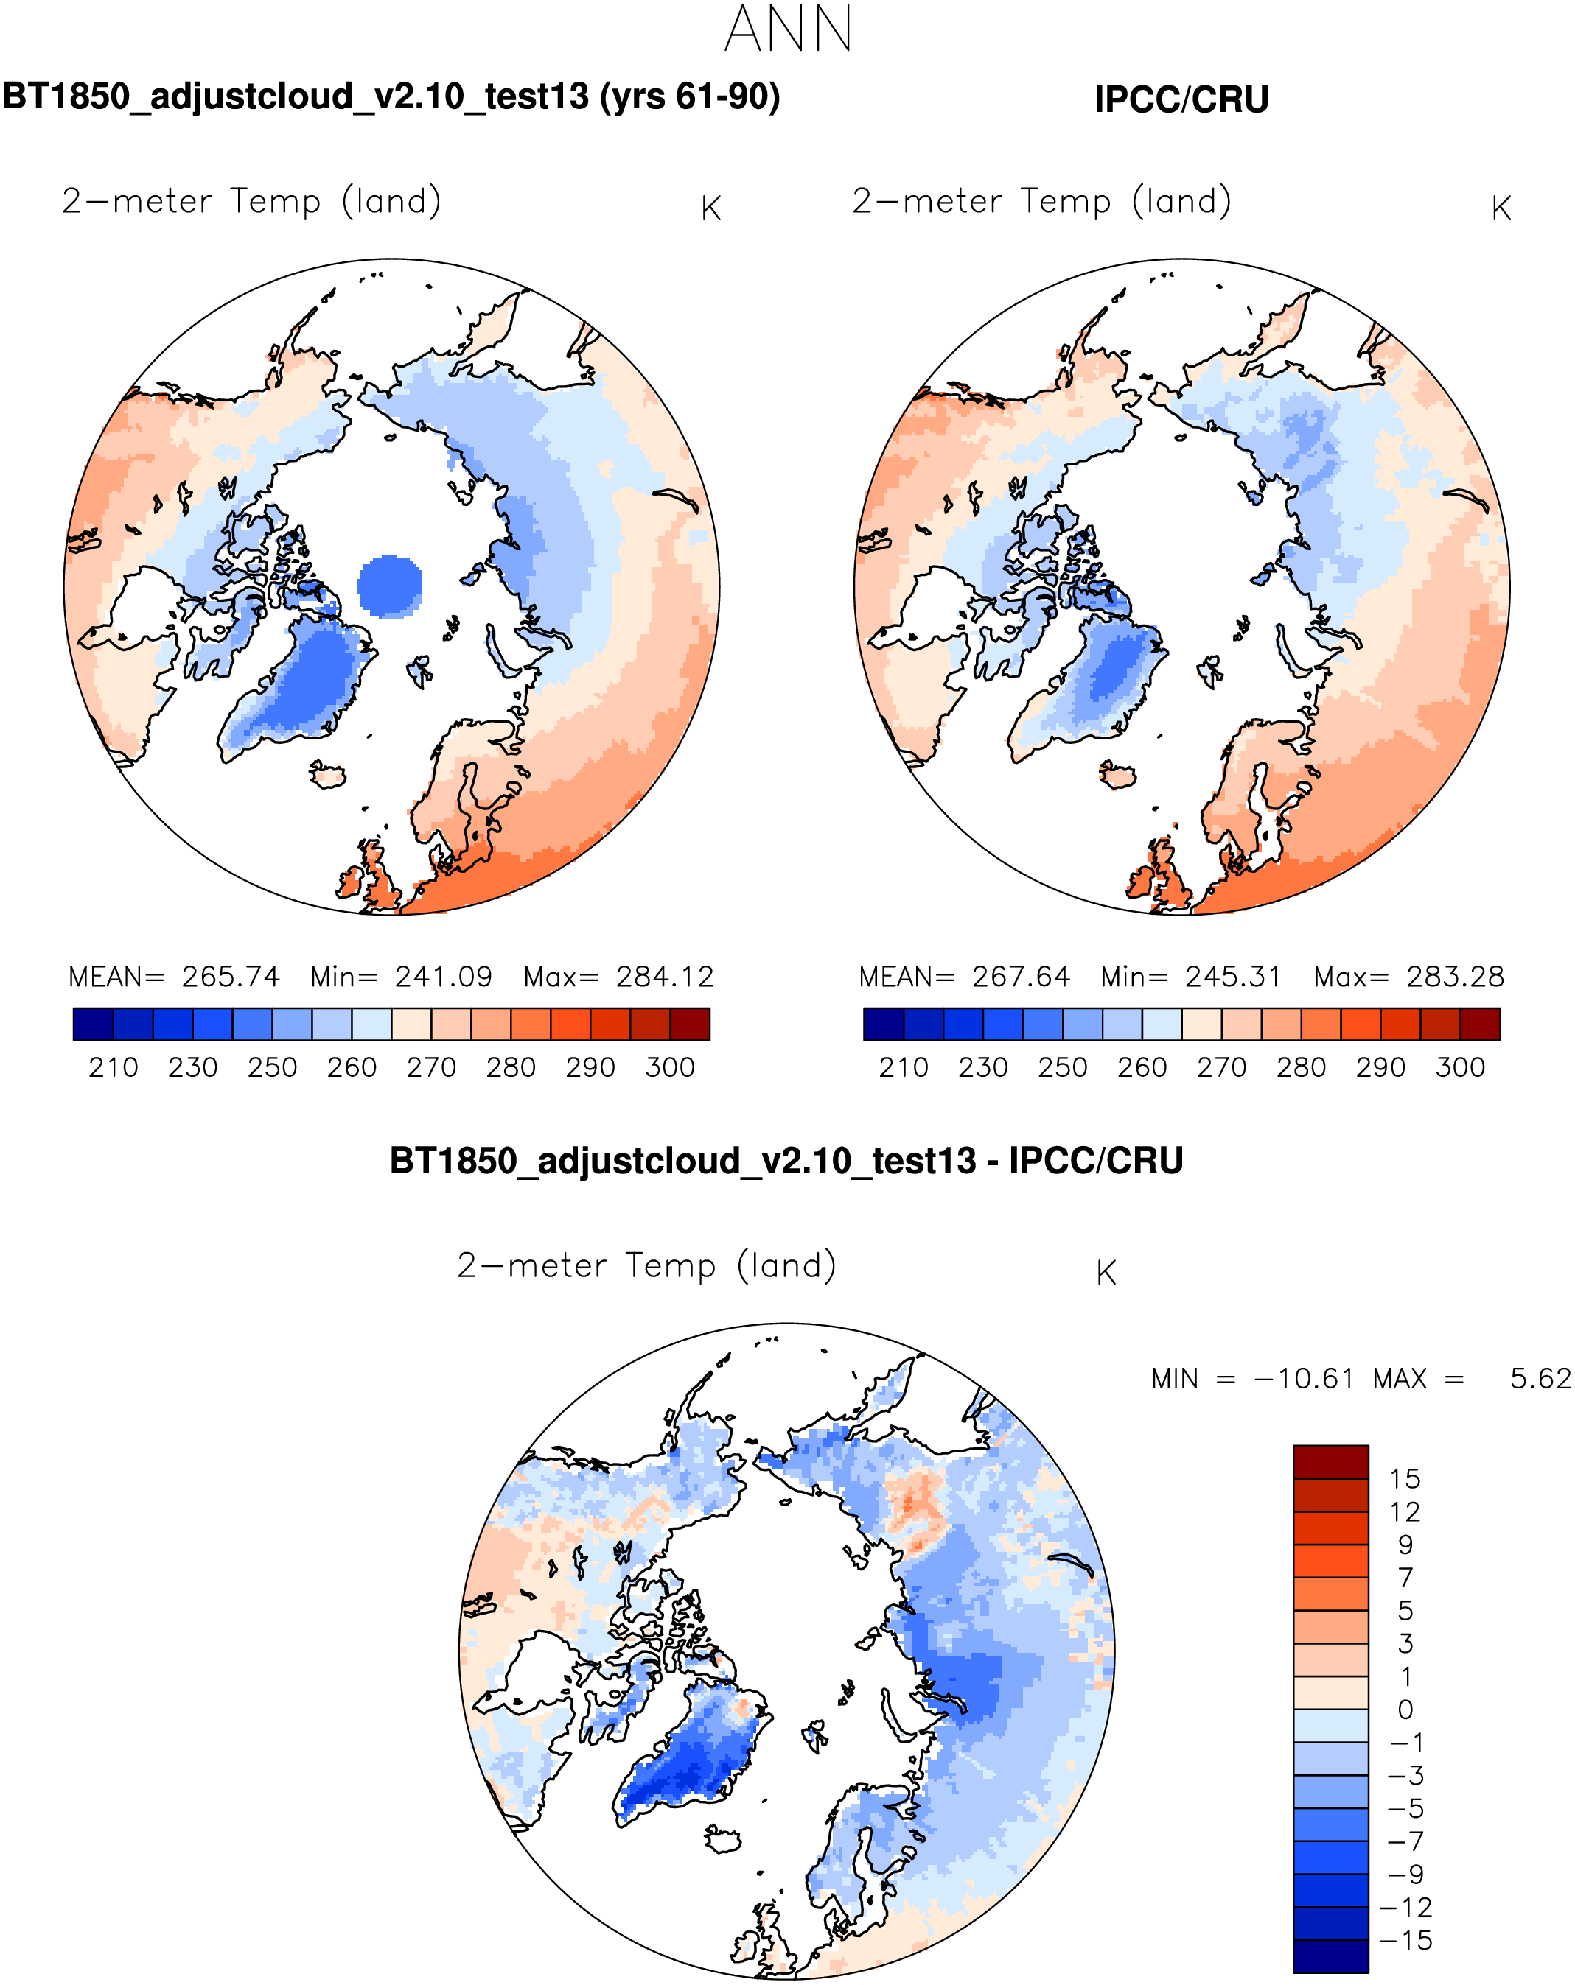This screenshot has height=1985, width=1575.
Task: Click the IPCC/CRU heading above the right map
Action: [x=1181, y=99]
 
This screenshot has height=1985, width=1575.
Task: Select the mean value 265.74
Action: [x=230, y=976]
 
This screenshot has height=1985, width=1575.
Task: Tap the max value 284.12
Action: [x=665, y=976]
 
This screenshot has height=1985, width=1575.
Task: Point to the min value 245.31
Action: [x=1232, y=976]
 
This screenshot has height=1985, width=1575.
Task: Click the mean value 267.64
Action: [x=1021, y=976]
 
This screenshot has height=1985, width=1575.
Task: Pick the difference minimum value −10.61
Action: [x=1305, y=1378]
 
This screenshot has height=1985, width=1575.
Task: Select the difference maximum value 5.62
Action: [x=1540, y=1378]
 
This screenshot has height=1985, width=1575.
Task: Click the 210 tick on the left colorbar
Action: [x=114, y=1067]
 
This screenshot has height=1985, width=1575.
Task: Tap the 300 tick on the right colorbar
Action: [x=1460, y=1067]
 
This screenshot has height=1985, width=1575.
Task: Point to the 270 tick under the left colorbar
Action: [x=431, y=1067]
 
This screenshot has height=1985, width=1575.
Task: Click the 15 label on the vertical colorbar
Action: [x=1405, y=1479]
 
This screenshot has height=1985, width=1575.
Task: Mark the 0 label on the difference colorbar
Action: [x=1405, y=1710]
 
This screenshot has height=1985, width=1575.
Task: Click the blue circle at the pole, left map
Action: [x=390, y=586]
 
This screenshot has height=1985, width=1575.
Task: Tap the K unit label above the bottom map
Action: [x=1106, y=1273]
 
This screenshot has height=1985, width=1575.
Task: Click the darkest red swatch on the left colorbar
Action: [x=689, y=1024]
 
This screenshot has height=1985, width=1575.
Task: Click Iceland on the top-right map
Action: [x=1118, y=773]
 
